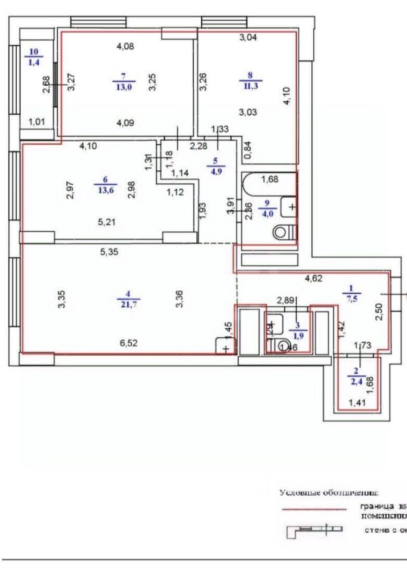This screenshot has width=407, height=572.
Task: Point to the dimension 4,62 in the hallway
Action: tap(314, 278)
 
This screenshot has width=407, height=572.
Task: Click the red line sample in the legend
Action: tap(314, 509)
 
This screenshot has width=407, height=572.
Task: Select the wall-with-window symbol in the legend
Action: tap(315, 530)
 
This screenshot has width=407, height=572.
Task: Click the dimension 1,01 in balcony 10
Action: tap(37, 123)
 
